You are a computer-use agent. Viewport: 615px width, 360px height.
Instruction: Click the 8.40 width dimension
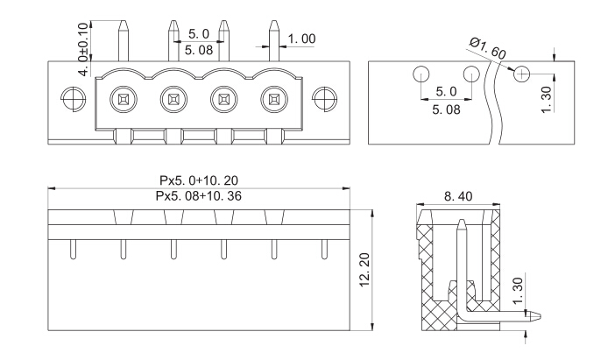[x=458, y=196]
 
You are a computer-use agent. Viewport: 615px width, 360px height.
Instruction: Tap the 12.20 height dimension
[x=364, y=270]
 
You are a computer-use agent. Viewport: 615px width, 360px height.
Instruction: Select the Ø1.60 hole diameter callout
[x=487, y=49]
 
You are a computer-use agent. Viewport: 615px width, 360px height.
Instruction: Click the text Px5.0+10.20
[x=199, y=180]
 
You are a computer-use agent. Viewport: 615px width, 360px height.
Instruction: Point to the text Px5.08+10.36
[x=199, y=195]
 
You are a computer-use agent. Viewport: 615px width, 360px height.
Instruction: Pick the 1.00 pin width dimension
[x=301, y=39]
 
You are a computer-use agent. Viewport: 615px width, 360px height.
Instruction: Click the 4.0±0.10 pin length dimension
[x=83, y=49]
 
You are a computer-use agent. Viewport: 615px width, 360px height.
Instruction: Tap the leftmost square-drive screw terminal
[x=124, y=99]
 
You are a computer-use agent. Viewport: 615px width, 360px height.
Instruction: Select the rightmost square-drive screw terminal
[x=273, y=99]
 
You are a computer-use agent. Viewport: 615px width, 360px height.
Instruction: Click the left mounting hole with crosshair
[x=74, y=99]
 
